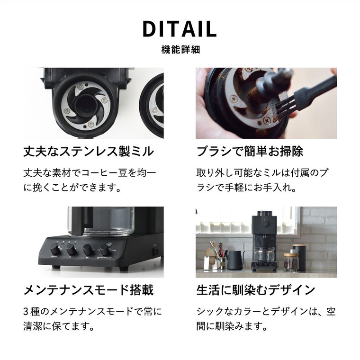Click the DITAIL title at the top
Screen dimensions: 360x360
pyautogui.click(x=180, y=29)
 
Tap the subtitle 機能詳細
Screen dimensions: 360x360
pyautogui.click(x=180, y=50)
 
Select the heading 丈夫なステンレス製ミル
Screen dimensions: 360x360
pyautogui.click(x=89, y=152)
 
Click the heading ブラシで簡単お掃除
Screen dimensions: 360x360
pyautogui.click(x=250, y=152)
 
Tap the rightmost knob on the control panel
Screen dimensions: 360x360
pyautogui.click(x=105, y=250)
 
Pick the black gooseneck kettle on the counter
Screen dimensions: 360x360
pyautogui.click(x=235, y=260)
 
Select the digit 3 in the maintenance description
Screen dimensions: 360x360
pyautogui.click(x=27, y=312)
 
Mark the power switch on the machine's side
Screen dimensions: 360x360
pyautogui.click(x=154, y=250)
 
